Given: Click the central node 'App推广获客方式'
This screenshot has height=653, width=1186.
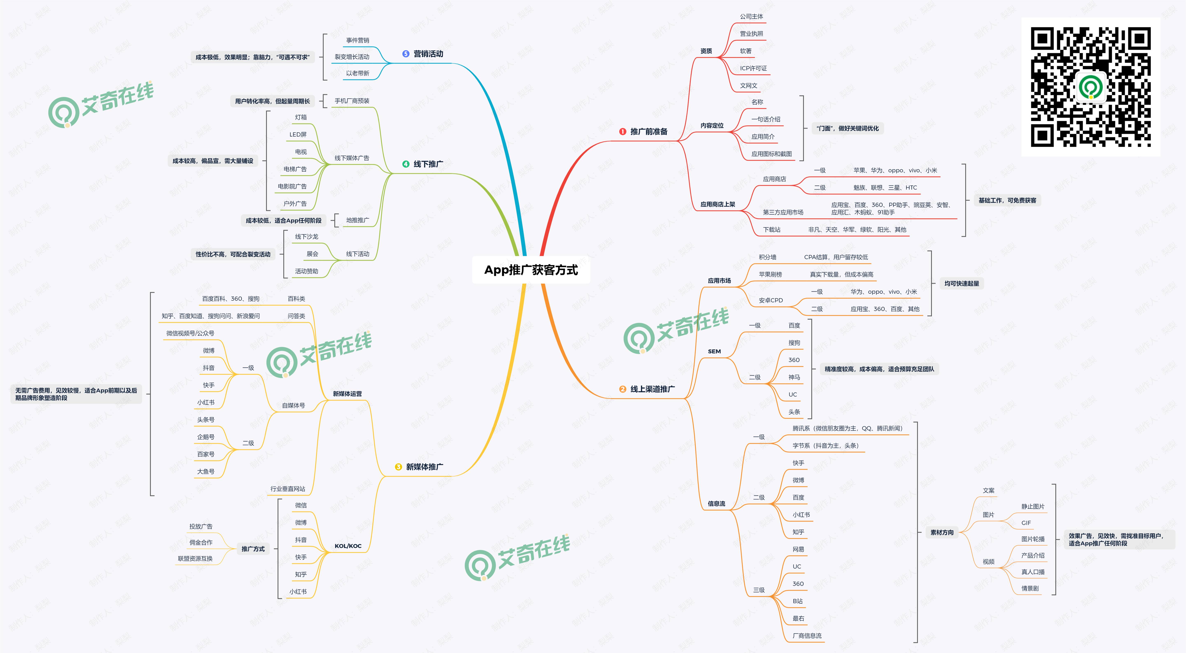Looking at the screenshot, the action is click(531, 270).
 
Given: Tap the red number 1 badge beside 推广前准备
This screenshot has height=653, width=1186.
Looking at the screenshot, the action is click(622, 132).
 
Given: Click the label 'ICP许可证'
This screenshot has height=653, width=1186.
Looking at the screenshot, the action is click(753, 68).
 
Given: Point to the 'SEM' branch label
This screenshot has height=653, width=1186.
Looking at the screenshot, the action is click(714, 351).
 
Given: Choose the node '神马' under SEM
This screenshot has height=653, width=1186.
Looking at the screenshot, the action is click(794, 377).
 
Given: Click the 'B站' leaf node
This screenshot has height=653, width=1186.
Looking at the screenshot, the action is click(797, 601).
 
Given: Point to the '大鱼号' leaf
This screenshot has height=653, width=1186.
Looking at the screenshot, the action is click(206, 472).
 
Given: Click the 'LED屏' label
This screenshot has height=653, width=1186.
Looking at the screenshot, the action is click(298, 135).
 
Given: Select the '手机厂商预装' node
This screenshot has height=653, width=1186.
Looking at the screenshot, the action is click(352, 101).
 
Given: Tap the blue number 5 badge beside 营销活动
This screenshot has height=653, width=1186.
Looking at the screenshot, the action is click(406, 54).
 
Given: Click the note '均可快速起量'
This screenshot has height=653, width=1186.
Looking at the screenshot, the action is click(962, 283).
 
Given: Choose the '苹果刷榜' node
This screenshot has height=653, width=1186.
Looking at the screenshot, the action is click(770, 274).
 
